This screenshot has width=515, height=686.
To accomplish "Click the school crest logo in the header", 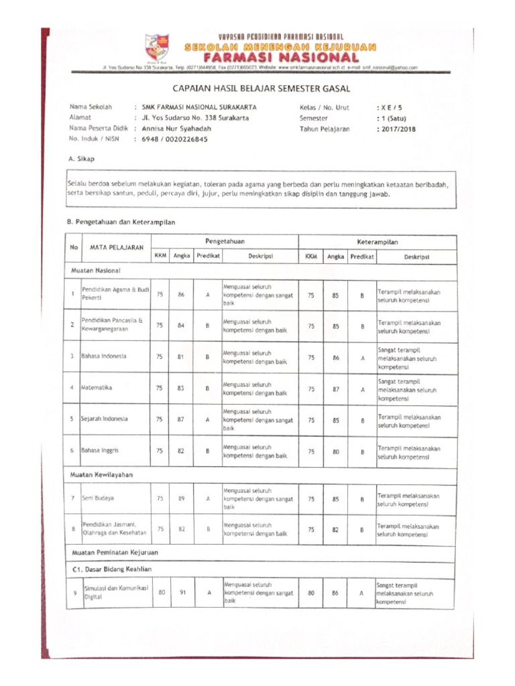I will coord(158,48).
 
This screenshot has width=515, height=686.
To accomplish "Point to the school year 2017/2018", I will coord(398,129).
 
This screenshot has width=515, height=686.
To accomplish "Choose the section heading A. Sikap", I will coord(82,159).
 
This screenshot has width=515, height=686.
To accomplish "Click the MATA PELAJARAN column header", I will coord(117,248).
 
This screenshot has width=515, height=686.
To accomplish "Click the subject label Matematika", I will coord(97,388).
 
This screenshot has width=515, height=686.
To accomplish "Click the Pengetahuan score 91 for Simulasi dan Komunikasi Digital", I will coord(182,592).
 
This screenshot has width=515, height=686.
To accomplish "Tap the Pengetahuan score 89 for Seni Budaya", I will coord(182,498).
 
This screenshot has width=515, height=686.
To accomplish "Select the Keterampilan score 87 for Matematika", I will coord(336,389).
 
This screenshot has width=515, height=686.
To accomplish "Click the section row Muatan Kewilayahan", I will coord(103,474).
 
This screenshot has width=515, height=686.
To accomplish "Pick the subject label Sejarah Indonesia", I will coord(105,419).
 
